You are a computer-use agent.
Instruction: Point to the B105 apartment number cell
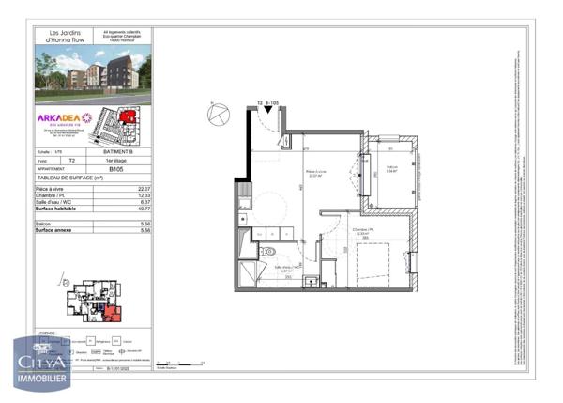click(117, 170)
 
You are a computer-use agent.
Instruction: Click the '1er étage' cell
click(117, 160)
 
